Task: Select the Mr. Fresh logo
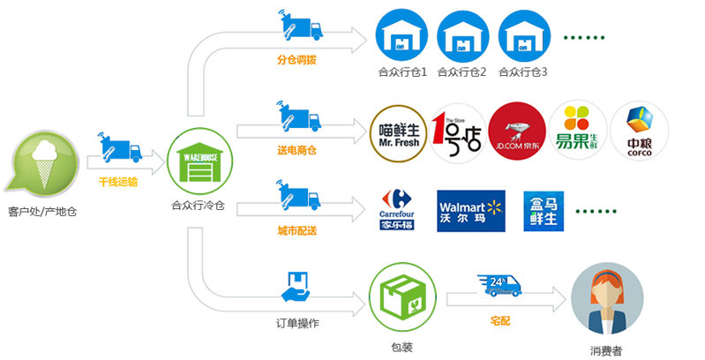[396, 132]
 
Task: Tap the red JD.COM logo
[516, 132]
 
